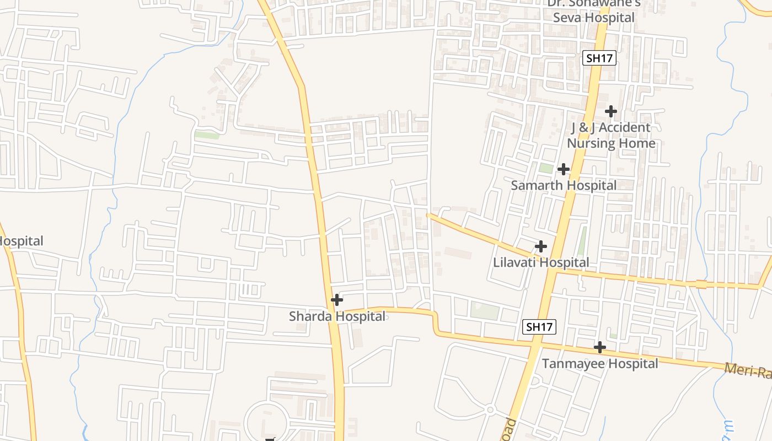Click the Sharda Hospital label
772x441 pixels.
point(337,316)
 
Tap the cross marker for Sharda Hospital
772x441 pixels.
point(336,300)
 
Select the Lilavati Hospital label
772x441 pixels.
point(541,262)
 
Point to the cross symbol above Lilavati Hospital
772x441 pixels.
point(541,246)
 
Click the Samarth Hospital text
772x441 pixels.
point(563,185)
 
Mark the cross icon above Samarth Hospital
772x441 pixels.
point(563,169)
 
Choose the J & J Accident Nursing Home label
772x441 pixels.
point(611,136)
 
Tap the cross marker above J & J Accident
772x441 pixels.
point(610,111)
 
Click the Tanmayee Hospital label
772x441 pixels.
point(599,364)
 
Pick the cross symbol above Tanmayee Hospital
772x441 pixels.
point(599,347)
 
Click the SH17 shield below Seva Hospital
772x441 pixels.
point(599,58)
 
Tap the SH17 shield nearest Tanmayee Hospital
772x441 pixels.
point(539,327)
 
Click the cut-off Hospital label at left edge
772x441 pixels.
point(21,241)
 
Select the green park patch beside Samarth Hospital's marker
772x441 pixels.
point(546,168)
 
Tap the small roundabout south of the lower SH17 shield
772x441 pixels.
point(490,410)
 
